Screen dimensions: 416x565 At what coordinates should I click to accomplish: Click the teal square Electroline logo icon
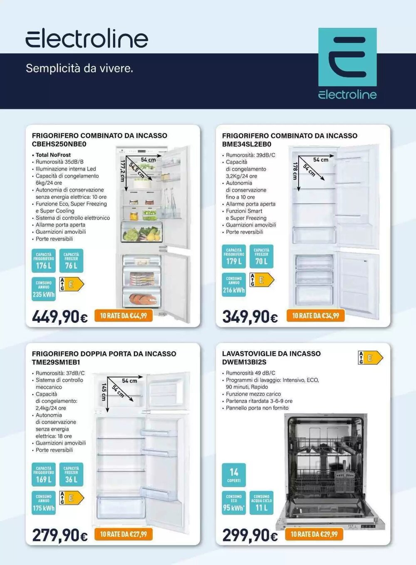click(347, 57)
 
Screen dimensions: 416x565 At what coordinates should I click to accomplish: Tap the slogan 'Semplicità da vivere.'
click(79, 68)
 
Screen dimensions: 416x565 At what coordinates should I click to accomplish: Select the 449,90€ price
click(60, 317)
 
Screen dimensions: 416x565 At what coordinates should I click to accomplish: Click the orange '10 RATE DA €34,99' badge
click(315, 316)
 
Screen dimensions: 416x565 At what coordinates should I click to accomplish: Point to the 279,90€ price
click(60, 535)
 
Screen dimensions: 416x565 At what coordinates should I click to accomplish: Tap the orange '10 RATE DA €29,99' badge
click(314, 534)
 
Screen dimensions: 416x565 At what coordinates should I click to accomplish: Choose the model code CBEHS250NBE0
click(59, 144)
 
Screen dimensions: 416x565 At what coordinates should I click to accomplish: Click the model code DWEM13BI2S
click(244, 362)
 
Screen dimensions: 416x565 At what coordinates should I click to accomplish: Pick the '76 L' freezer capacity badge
click(71, 261)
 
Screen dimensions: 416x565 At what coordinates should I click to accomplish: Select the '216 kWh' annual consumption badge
click(233, 285)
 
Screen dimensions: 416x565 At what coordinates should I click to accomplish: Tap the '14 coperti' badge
click(233, 475)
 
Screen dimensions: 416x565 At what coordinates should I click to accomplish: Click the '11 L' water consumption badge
click(261, 503)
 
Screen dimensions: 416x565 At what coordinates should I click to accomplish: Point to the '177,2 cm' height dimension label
click(122, 171)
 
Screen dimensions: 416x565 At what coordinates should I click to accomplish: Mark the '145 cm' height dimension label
click(104, 392)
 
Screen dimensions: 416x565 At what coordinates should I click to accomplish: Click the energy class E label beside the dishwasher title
click(370, 358)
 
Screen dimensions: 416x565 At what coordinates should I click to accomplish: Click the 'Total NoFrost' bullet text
click(53, 155)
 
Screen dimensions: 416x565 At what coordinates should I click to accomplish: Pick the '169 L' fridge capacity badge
click(43, 475)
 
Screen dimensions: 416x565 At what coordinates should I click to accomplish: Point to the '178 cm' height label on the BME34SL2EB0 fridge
click(295, 171)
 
